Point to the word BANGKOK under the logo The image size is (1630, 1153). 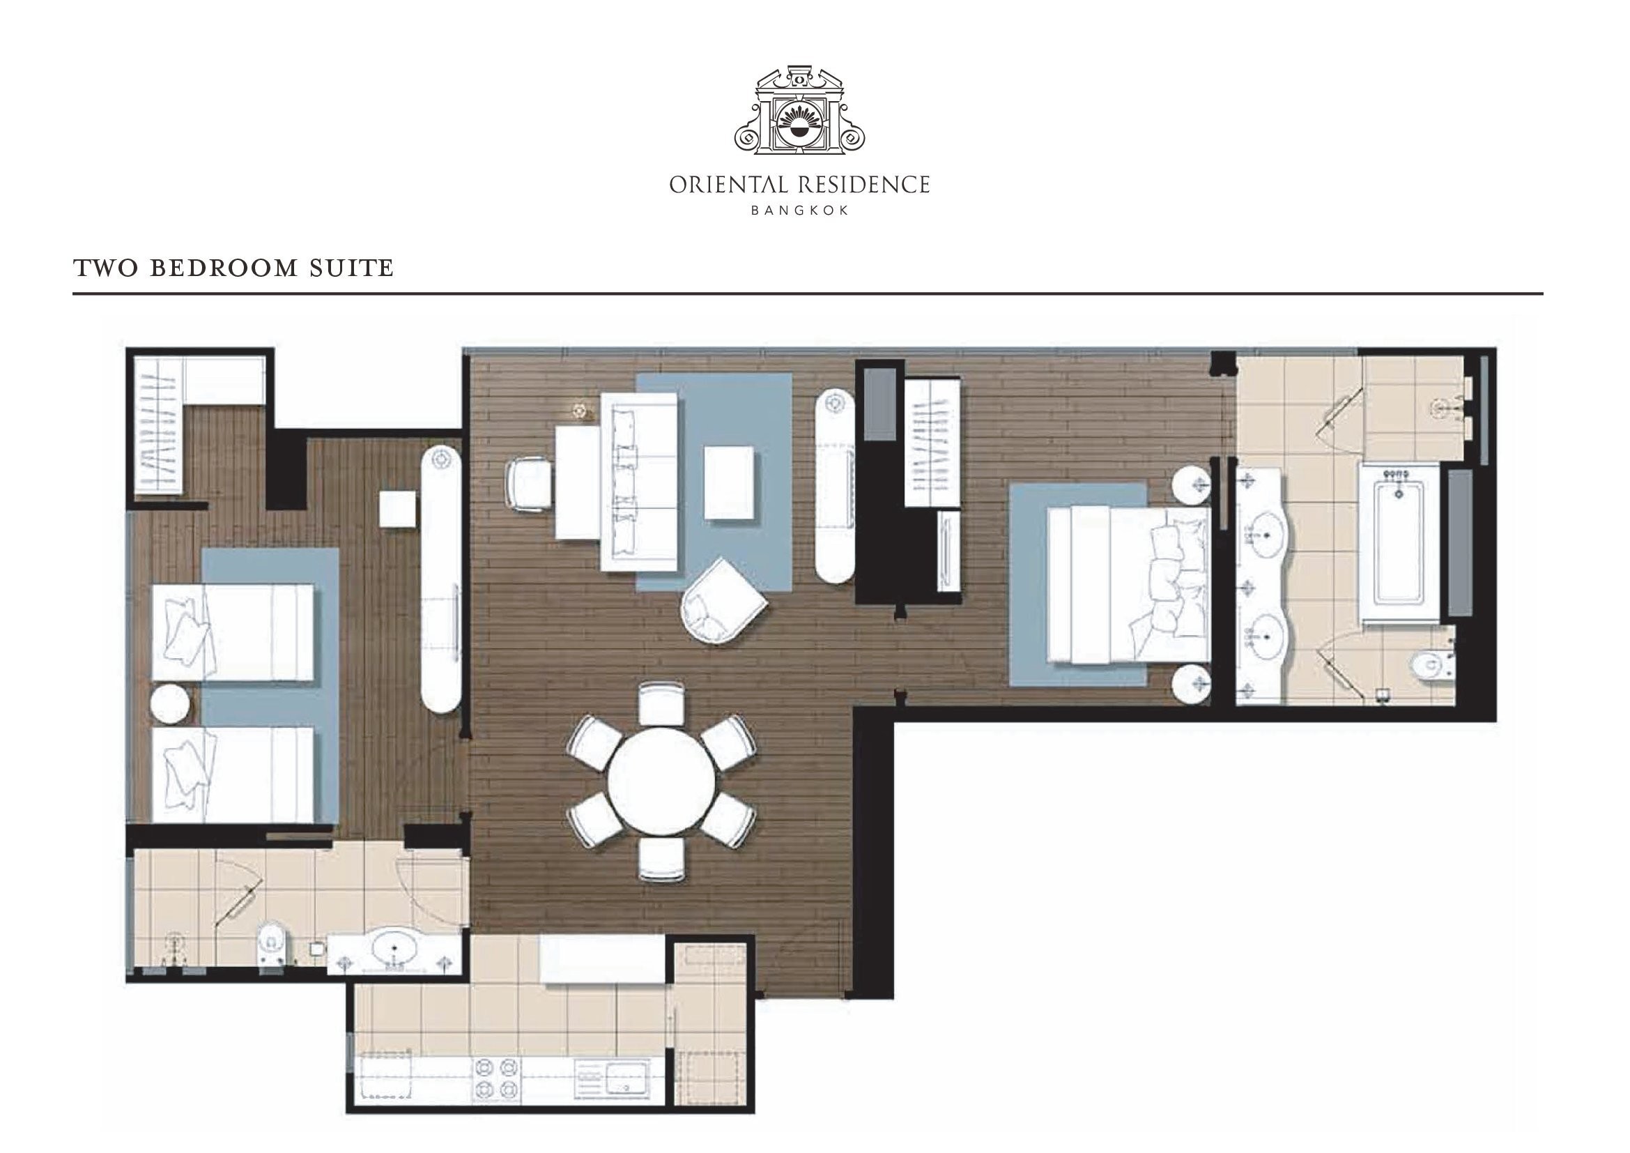(799, 210)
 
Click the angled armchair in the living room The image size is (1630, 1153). (723, 601)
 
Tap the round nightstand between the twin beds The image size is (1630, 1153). (170, 703)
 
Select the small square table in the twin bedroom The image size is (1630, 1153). (397, 508)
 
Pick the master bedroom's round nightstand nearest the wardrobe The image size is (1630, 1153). (1190, 484)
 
